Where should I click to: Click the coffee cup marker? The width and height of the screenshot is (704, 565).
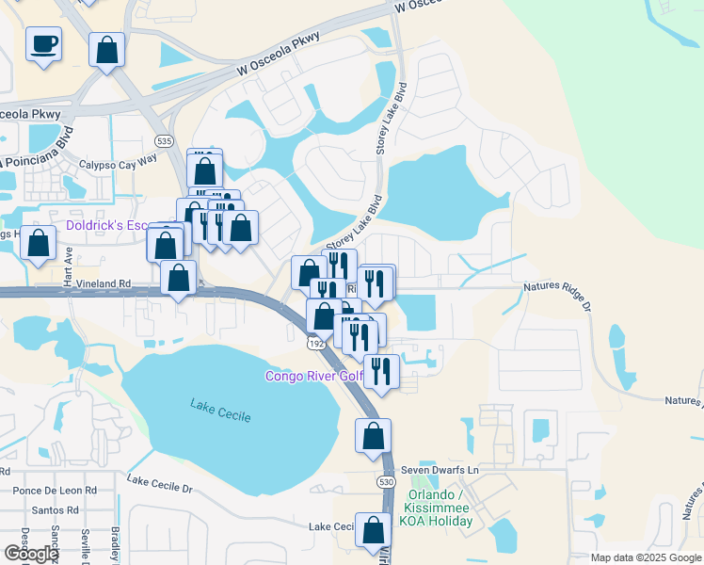coord(42,43)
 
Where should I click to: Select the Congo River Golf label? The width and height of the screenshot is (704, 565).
coord(313,377)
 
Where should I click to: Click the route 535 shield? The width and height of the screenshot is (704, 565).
coord(165,141)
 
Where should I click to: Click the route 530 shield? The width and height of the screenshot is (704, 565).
coord(387,481)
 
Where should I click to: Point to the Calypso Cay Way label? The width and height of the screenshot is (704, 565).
coord(118,163)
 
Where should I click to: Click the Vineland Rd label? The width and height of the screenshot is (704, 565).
coord(91,282)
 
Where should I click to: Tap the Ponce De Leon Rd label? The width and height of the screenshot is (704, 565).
coord(55,491)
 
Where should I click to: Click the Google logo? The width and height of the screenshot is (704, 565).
coord(31,554)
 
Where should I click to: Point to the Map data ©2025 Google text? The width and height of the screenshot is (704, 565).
coord(645,557)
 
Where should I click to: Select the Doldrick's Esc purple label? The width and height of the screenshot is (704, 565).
coord(108,226)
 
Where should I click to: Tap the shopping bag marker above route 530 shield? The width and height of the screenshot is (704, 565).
coord(373,436)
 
